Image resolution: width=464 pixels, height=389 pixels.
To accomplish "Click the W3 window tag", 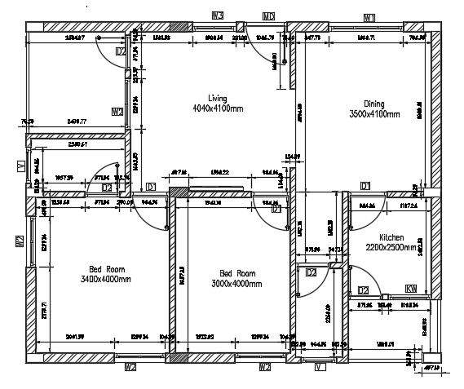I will coord(218,15).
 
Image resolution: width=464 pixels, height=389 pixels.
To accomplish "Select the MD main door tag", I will coord(268,16).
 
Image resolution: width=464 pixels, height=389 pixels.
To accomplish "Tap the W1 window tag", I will coord(369,17).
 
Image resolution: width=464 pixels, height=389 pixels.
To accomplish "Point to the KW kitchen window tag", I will coord(411,290).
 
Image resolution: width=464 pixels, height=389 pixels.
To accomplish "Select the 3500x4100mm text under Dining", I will coord(373,115).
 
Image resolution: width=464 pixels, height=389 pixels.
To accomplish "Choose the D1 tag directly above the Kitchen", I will coord(365,186).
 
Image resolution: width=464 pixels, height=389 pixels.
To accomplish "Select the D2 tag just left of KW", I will coord(364,290).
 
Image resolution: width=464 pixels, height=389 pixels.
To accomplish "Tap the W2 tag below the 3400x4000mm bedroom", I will coord(130,368).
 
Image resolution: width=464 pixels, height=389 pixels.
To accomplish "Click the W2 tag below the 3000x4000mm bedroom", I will coord(264,368).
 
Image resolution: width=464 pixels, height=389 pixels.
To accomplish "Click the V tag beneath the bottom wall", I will coord(320,368).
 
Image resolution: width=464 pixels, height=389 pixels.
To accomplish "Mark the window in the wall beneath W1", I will coord(369,27).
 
